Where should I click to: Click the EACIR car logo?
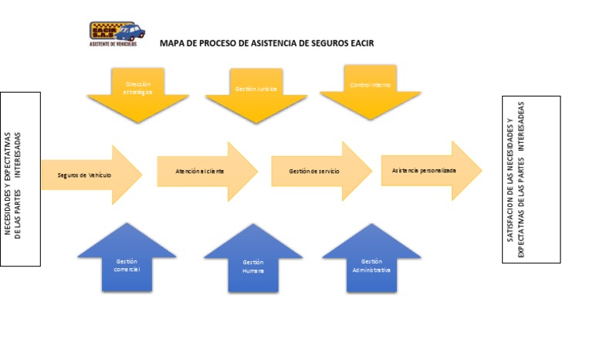tap(117, 31)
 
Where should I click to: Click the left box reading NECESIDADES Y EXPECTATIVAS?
tap(19, 179)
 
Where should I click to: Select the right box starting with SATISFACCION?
tap(530, 179)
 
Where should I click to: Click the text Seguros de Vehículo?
tap(84, 175)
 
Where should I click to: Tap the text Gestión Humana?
tap(252, 267)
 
